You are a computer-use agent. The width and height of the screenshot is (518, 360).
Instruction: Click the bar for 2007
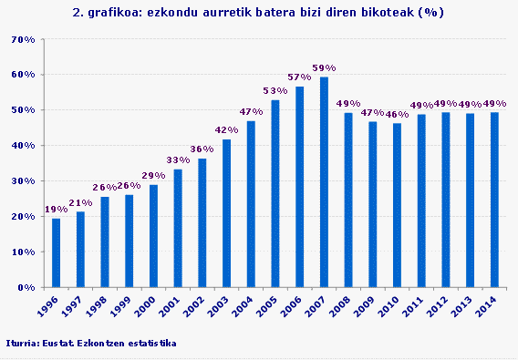(x=324, y=182)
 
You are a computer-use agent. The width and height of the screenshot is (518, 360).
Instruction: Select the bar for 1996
(x=56, y=252)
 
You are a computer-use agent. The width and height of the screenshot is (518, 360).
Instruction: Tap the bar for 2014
(x=495, y=200)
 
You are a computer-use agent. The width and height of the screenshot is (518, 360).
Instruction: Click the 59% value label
(x=324, y=68)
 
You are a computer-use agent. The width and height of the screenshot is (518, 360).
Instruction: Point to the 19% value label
(x=56, y=210)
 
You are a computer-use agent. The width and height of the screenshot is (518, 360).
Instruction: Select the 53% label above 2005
(x=275, y=91)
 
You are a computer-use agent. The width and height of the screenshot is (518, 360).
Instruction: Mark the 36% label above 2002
(x=202, y=149)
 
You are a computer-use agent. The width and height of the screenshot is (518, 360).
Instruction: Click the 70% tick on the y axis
(x=23, y=40)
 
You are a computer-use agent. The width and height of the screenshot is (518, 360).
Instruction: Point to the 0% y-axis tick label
(x=26, y=287)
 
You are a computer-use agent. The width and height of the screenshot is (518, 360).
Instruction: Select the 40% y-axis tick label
(x=23, y=146)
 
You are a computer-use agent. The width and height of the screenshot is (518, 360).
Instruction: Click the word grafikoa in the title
(x=112, y=14)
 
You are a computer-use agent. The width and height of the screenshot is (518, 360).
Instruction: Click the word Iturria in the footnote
(x=21, y=343)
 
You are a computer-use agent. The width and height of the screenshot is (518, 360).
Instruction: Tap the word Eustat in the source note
(x=57, y=343)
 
